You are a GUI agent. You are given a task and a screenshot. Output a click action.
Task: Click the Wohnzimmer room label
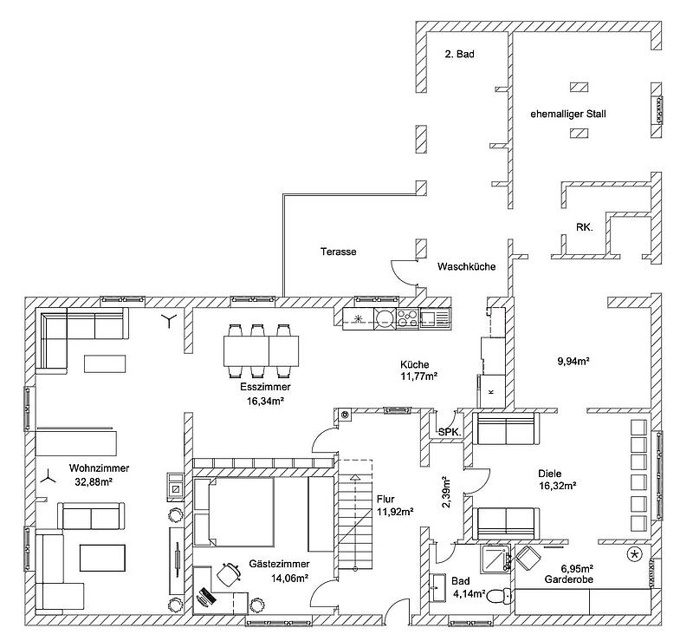tap(99, 468)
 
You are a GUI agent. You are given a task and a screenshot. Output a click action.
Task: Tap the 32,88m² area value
tap(94, 481)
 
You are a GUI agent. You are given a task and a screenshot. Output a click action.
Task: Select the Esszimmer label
tap(265, 387)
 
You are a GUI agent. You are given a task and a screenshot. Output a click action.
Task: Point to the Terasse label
tap(338, 252)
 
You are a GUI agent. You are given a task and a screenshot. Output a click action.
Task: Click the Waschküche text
tap(466, 266)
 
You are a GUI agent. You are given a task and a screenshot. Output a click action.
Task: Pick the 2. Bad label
tap(460, 54)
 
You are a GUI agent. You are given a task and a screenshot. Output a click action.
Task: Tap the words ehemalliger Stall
tap(568, 114)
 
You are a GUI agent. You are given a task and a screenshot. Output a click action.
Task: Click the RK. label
tap(584, 227)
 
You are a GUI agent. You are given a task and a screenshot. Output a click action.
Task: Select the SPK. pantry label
tap(450, 433)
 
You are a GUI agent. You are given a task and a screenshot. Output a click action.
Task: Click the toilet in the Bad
tap(500, 596)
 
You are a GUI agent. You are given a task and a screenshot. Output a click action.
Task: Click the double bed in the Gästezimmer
tap(234, 512)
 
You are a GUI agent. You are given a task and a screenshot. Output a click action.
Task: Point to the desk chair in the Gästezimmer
tap(229, 574)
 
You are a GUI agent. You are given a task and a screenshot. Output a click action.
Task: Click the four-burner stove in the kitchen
tap(407, 318)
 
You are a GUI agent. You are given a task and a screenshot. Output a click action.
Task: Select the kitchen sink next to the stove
tap(435, 318)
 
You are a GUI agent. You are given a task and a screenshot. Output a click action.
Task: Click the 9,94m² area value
tap(573, 361)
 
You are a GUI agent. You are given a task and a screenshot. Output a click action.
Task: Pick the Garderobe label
tap(569, 579)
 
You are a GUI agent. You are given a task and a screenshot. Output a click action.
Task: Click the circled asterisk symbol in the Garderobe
tap(635, 553)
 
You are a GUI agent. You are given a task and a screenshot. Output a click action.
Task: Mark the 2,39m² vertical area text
tap(445, 493)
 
